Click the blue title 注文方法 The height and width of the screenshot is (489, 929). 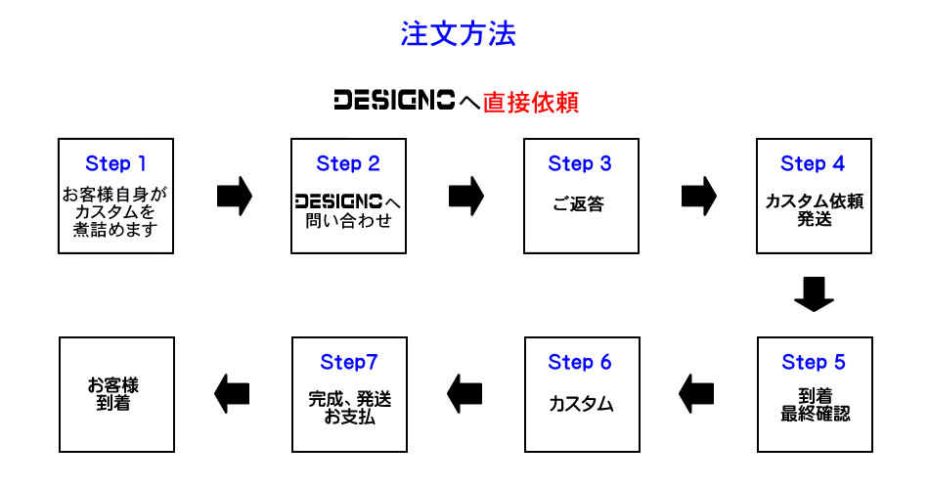pyautogui.click(x=458, y=35)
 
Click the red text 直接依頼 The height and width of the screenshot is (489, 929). pyautogui.click(x=531, y=102)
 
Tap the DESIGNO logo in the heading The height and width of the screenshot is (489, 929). pyautogui.click(x=394, y=101)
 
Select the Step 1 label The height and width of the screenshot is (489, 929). pyautogui.click(x=115, y=163)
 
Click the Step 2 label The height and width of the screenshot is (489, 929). pyautogui.click(x=347, y=164)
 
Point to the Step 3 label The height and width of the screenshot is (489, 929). pyautogui.click(x=580, y=164)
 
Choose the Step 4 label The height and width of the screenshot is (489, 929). pyautogui.click(x=813, y=164)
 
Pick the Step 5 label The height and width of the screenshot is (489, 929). pyautogui.click(x=813, y=363)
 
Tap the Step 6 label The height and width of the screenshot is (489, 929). pyautogui.click(x=580, y=363)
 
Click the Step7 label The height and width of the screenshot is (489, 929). pyautogui.click(x=348, y=363)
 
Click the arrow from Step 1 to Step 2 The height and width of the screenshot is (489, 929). pyautogui.click(x=234, y=196)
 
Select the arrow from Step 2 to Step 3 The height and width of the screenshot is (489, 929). pyautogui.click(x=466, y=196)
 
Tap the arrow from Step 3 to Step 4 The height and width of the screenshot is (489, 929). pyautogui.click(x=698, y=196)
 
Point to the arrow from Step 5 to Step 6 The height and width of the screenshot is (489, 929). pyautogui.click(x=697, y=394)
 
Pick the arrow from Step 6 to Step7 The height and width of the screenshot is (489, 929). pyautogui.click(x=465, y=394)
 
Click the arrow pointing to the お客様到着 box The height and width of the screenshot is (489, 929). pyautogui.click(x=233, y=394)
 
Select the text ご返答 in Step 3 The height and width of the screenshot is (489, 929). pyautogui.click(x=580, y=207)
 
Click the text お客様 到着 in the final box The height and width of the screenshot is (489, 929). pyautogui.click(x=115, y=393)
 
